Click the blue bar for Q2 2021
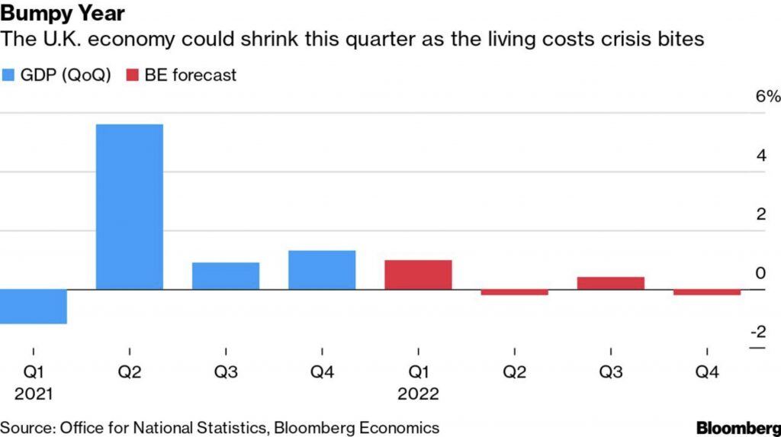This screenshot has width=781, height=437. pyautogui.click(x=129, y=207)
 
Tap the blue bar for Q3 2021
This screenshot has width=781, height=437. pyautogui.click(x=226, y=276)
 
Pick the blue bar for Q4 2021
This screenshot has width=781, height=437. pyautogui.click(x=322, y=270)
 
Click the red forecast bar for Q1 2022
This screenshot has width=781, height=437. pyautogui.click(x=418, y=275)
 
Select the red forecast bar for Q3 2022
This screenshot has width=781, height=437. pyautogui.click(x=611, y=283)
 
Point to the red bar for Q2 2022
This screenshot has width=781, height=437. pyautogui.click(x=515, y=292)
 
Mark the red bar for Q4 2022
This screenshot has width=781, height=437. pyautogui.click(x=707, y=292)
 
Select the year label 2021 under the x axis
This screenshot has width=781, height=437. pyautogui.click(x=33, y=394)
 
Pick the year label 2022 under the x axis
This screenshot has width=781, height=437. pyautogui.click(x=418, y=394)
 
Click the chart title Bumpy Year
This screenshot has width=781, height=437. pyautogui.click(x=63, y=14)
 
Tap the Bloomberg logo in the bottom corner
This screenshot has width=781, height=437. pyautogui.click(x=738, y=427)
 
